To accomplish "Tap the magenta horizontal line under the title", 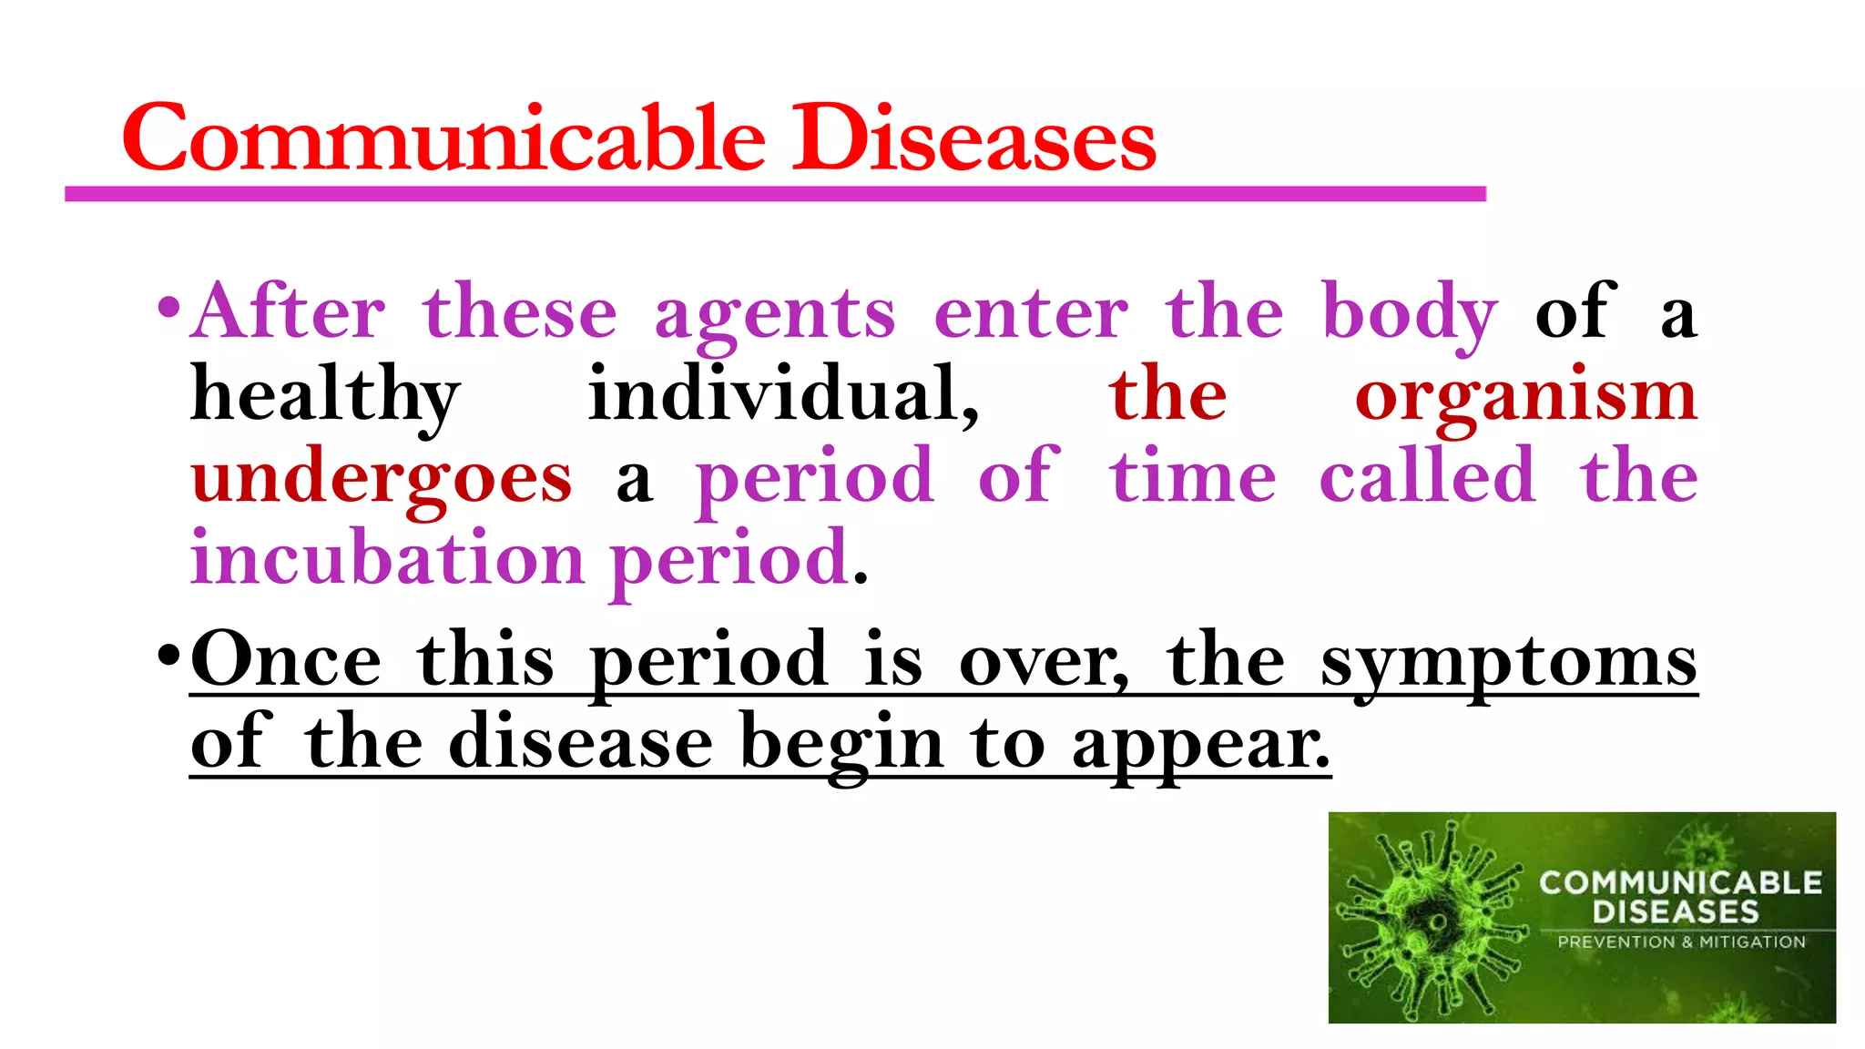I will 774,194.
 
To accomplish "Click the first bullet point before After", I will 168,308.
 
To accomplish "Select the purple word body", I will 1409,313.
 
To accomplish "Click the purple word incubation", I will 387,557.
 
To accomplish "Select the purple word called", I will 1427,475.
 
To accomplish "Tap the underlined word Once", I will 286,659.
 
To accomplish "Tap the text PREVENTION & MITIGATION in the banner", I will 1681,942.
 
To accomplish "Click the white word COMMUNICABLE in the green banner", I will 1680,882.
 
